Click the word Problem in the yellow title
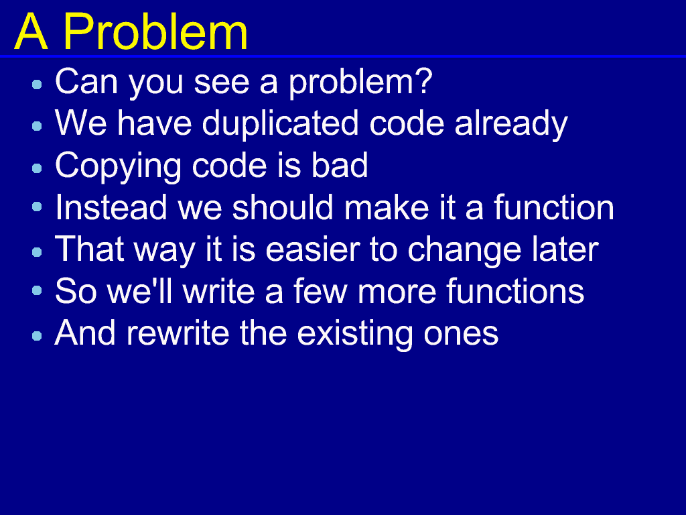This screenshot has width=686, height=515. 155,32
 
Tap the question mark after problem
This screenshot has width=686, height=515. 424,80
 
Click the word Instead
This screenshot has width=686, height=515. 111,207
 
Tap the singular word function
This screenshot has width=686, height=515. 554,207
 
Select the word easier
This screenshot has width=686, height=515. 312,249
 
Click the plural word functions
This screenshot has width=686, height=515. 515,291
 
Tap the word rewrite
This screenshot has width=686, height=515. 178,333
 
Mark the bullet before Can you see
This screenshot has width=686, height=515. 38,84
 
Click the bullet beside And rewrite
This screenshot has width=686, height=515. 38,337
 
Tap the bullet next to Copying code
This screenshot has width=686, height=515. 38,168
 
